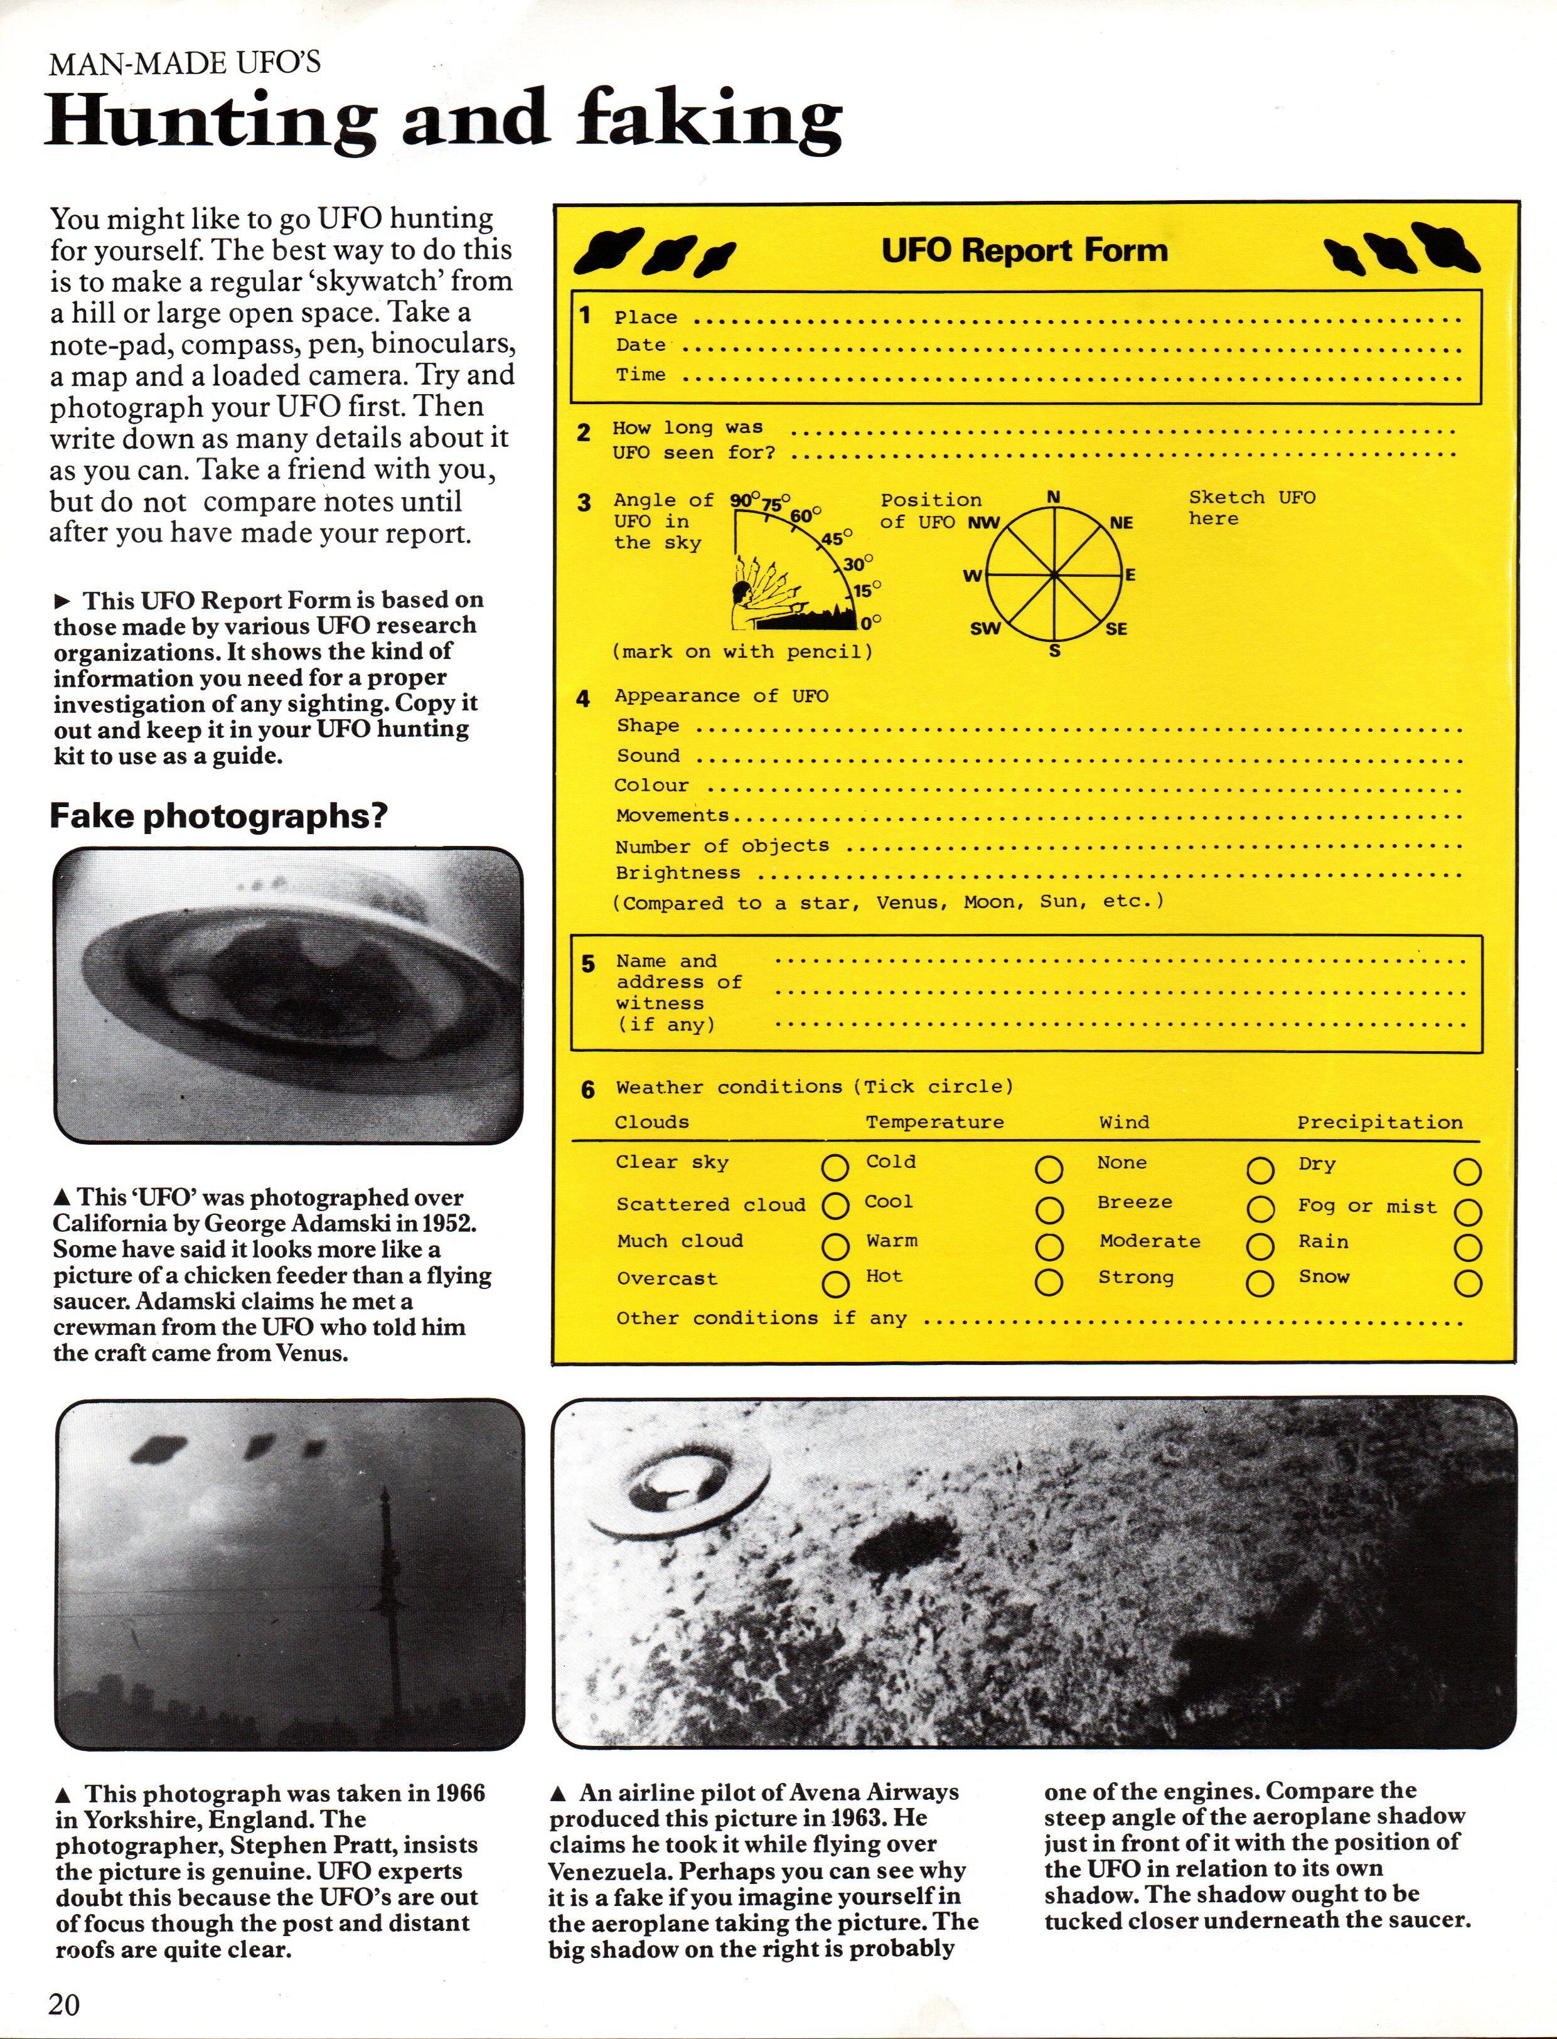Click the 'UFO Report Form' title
[1024, 250]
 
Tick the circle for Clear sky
[835, 1167]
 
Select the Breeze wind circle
[1260, 1209]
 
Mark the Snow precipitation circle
[1467, 1283]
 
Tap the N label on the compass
[1053, 498]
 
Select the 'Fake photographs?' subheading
[218, 816]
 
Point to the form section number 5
[587, 964]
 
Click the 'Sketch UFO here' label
[1251, 508]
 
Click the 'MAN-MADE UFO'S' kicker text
[185, 63]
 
